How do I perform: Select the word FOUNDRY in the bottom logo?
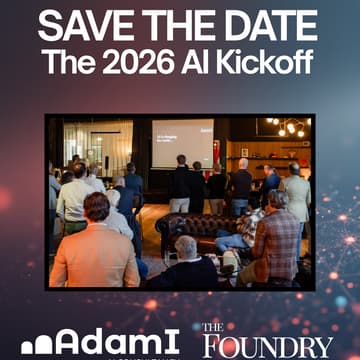[x=267, y=347]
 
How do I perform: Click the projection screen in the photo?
[x=182, y=139]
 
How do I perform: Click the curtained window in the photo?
[x=100, y=145]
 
